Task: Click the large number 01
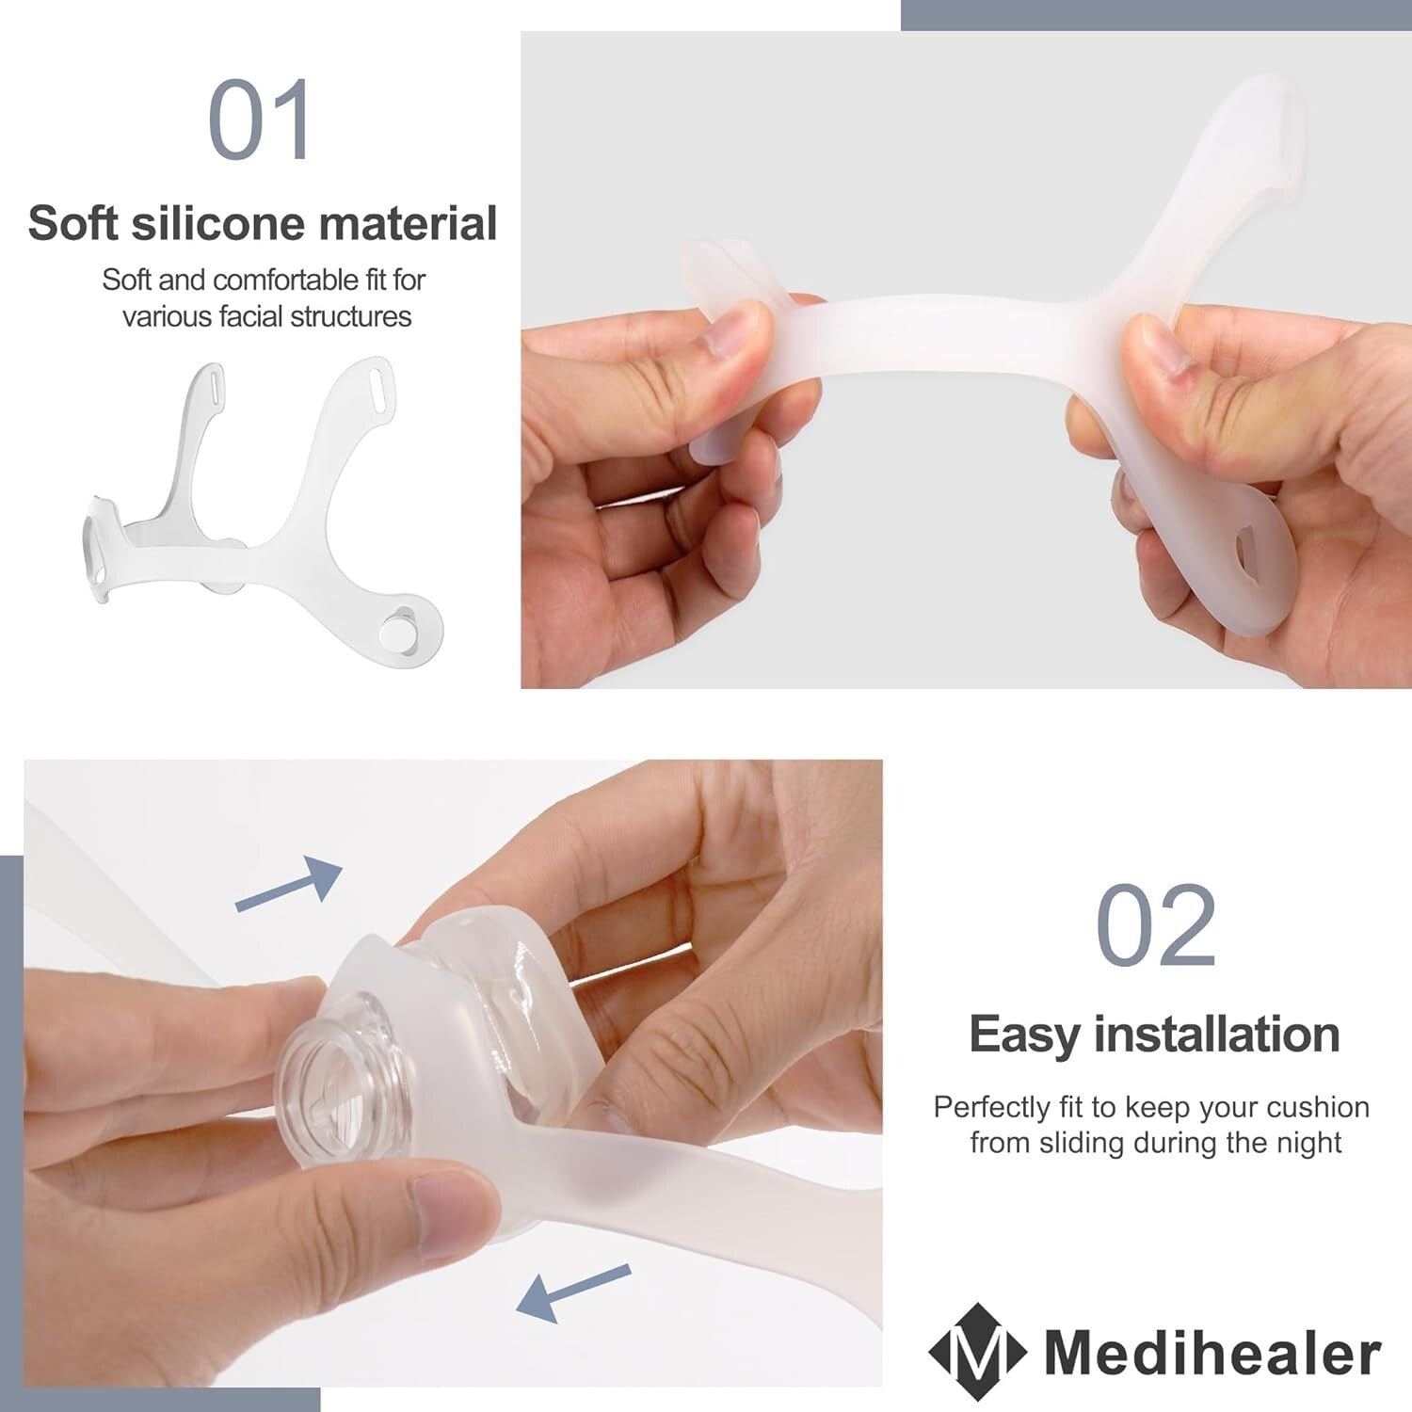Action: click(x=260, y=120)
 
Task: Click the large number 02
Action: click(x=1156, y=925)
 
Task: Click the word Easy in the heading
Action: click(x=1023, y=1035)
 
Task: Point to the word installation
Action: click(x=1216, y=1035)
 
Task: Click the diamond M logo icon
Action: click(x=977, y=1353)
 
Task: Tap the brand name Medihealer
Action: click(x=1212, y=1354)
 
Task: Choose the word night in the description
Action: click(x=1308, y=1143)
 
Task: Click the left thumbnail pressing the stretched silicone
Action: click(x=731, y=330)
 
